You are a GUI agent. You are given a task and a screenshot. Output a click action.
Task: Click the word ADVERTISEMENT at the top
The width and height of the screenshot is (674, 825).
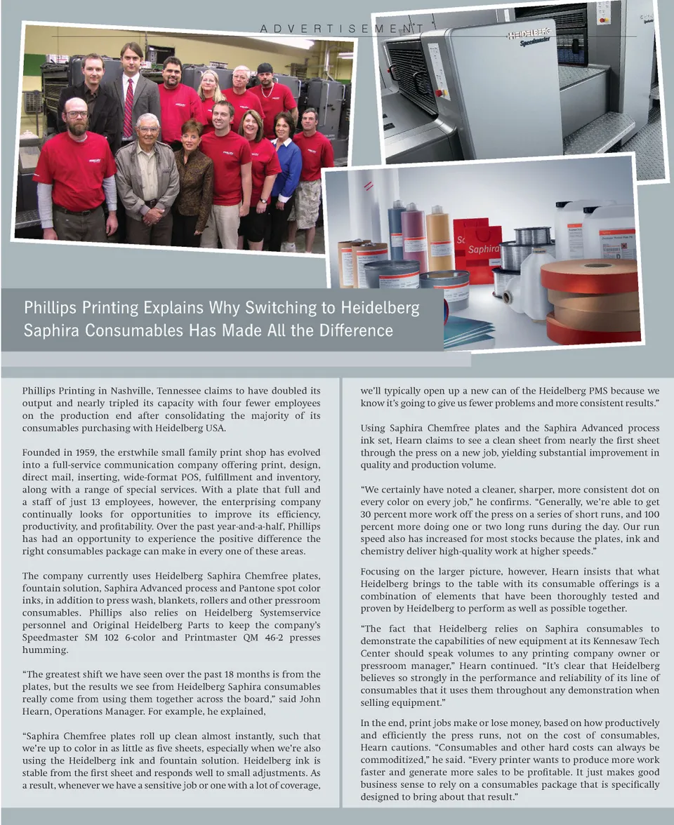click(341, 29)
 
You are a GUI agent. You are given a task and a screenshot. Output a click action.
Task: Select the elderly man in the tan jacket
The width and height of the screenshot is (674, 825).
click(147, 179)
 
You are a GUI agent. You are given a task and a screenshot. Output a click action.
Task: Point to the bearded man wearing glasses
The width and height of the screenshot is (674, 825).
click(74, 172)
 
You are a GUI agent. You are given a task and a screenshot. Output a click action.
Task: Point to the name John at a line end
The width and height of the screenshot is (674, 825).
click(310, 699)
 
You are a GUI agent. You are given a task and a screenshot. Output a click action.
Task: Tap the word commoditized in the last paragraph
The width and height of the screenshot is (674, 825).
click(393, 760)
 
